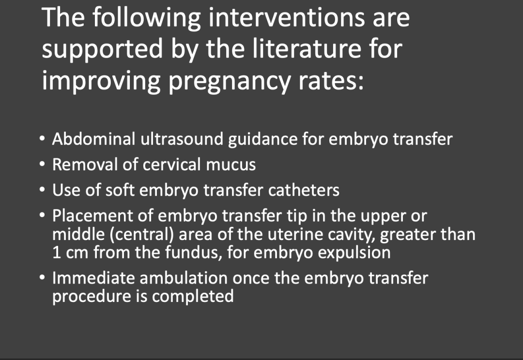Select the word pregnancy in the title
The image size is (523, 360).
coord(230,81)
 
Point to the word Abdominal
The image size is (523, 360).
coord(93,139)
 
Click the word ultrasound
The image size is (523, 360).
coord(182,139)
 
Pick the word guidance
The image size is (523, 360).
coord(262,140)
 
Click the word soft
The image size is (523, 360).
coord(120,190)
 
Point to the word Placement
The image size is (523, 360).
coord(92,216)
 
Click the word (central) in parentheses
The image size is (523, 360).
coord(141,234)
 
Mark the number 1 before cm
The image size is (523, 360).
coord(56,253)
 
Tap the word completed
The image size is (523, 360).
coord(193,297)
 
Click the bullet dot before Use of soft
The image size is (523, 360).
coord(42,190)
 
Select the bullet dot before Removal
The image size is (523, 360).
coord(42,165)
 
